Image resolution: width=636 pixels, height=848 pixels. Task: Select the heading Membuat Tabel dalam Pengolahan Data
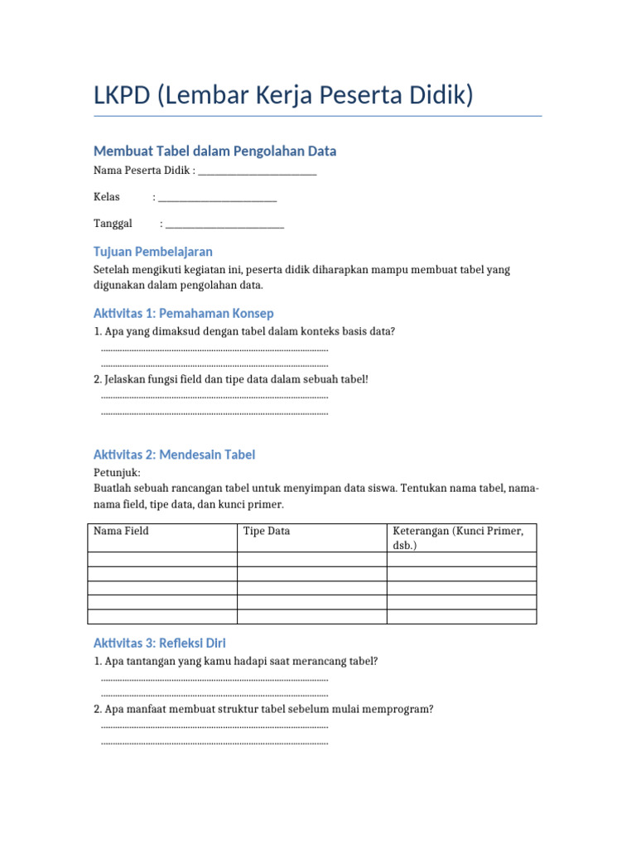(215, 151)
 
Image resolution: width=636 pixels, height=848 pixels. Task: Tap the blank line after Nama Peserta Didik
(258, 172)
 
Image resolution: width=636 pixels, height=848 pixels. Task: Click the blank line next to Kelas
(217, 199)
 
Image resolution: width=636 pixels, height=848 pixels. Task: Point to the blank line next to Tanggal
(224, 225)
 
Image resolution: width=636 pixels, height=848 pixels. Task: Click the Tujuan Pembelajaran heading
(153, 251)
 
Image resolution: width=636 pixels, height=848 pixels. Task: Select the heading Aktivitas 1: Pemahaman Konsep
(184, 313)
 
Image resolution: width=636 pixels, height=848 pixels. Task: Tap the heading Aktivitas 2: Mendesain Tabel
(175, 455)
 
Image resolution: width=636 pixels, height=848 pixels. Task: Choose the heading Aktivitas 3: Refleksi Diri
(160, 643)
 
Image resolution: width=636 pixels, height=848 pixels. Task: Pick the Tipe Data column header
(267, 531)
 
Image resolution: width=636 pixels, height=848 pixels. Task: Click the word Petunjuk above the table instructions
(117, 472)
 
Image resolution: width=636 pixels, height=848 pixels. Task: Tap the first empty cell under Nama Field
(162, 560)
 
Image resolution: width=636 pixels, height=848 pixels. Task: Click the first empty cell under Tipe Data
(311, 560)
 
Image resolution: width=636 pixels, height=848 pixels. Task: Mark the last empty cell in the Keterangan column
(461, 616)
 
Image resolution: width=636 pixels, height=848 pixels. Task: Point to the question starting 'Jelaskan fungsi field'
(231, 378)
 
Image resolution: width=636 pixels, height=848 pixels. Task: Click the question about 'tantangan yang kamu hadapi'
(236, 661)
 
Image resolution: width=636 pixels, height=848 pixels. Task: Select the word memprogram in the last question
(403, 709)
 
